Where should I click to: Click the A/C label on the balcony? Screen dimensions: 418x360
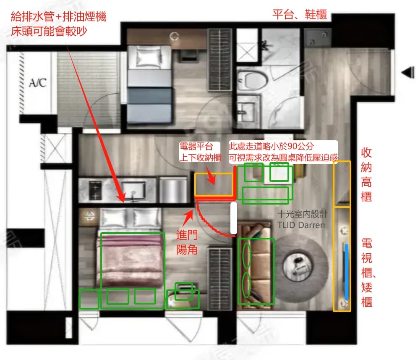coord(38,83)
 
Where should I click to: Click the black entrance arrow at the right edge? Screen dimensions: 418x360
coord(408,73)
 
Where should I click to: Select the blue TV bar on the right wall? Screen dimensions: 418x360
coord(346,272)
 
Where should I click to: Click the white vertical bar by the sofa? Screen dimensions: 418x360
coord(233,218)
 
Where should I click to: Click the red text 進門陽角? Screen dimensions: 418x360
coord(187,242)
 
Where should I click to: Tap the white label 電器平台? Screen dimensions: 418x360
coord(196,146)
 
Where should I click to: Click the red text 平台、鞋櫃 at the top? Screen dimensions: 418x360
coord(300,14)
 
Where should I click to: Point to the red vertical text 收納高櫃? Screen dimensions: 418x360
coord(366,175)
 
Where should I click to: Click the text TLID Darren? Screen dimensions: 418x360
coord(301,225)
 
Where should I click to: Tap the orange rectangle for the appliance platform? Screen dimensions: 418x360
coord(214,185)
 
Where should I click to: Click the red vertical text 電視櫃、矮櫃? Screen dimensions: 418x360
coord(367,273)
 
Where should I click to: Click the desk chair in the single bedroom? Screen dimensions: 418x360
coord(188,55)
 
